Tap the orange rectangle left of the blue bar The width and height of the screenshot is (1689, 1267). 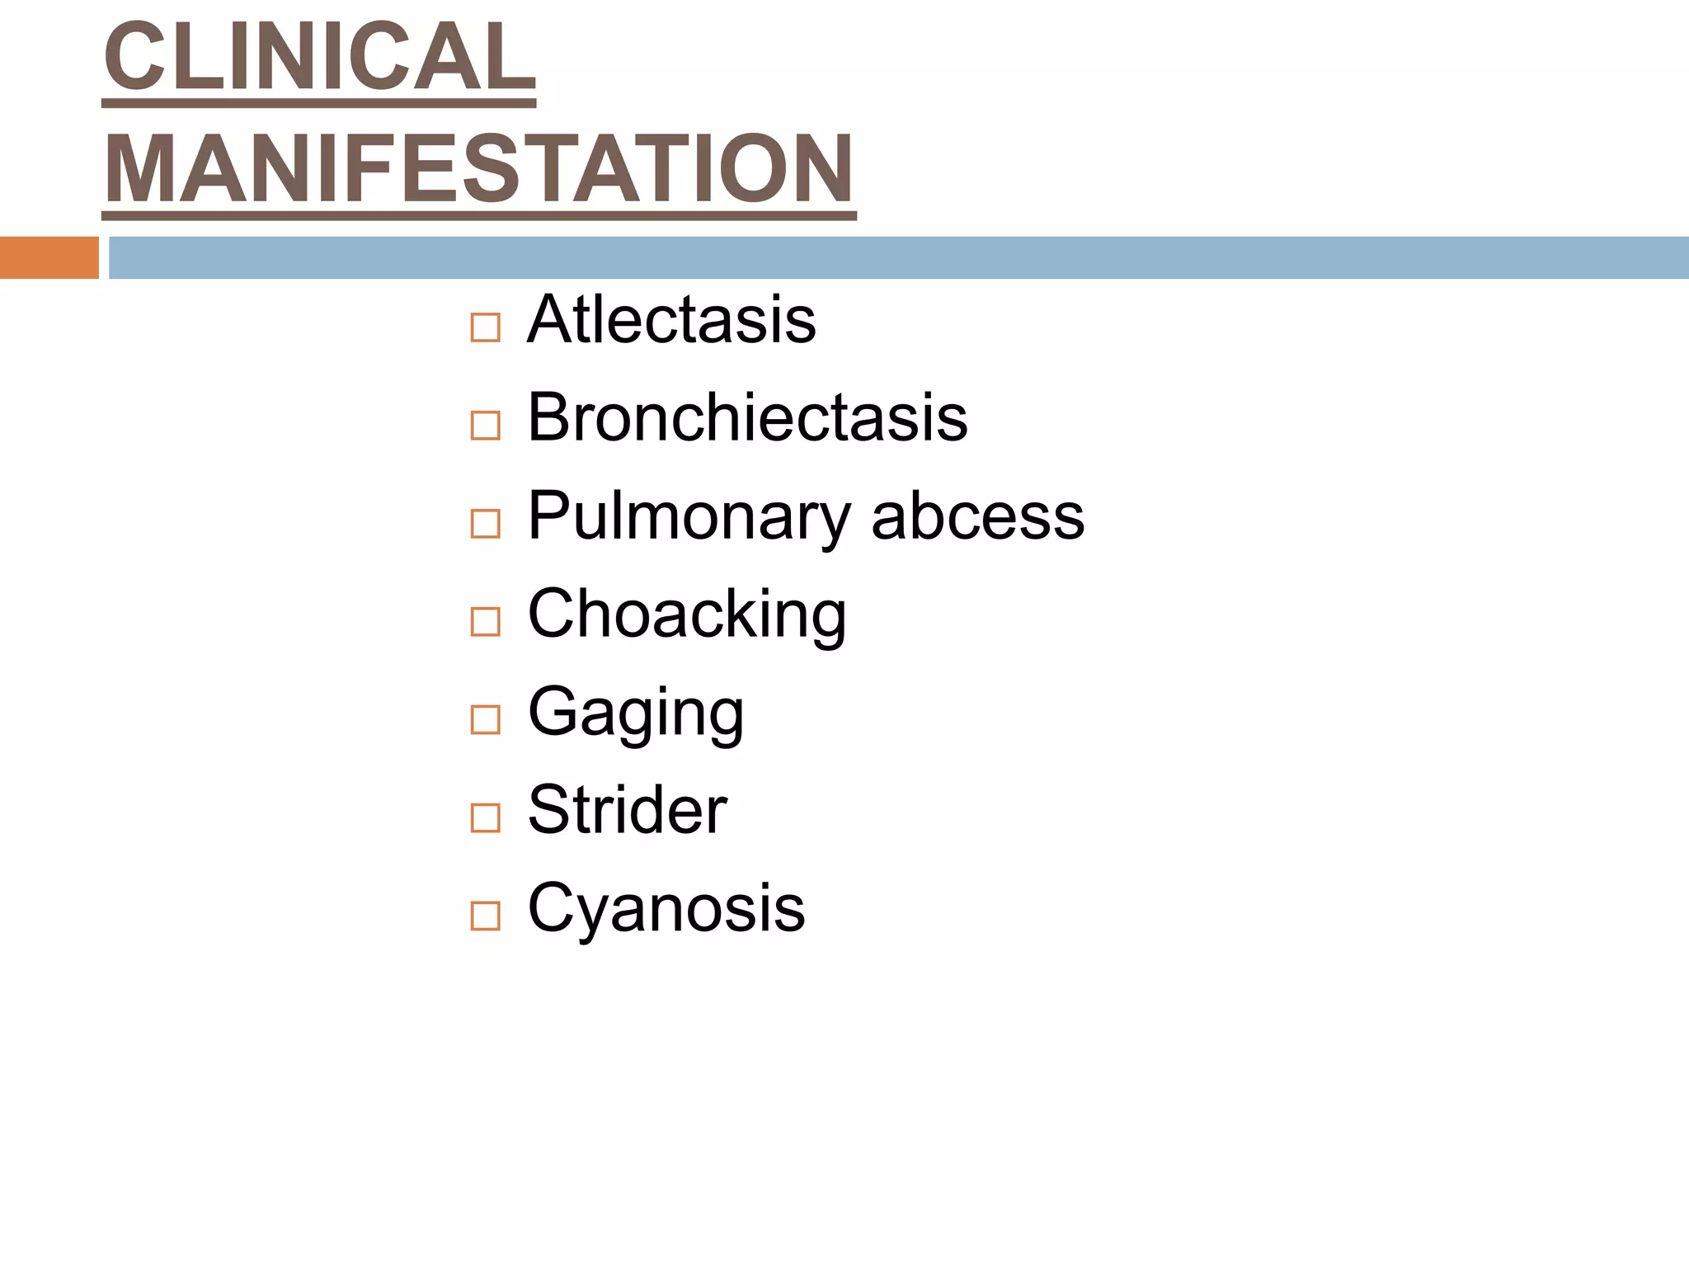tap(49, 257)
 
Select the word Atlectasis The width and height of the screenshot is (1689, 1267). tap(671, 320)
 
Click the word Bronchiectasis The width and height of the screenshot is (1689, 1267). tap(747, 418)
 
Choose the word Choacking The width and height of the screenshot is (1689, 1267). tap(687, 615)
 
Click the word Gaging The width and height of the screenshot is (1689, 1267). tap(636, 713)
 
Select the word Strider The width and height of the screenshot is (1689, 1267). tap(627, 810)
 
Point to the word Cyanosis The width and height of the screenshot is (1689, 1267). tap(666, 908)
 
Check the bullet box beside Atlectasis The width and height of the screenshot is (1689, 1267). tap(485, 327)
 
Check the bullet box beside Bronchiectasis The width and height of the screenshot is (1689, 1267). tap(485, 426)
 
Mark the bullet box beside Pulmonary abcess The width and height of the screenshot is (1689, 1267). tap(485, 524)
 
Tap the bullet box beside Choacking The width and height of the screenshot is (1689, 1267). tap(485, 621)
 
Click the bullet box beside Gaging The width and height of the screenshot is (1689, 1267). tap(485, 719)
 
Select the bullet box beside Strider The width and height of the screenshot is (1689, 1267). tap(485, 817)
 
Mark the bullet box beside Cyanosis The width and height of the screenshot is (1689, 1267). tap(485, 916)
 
